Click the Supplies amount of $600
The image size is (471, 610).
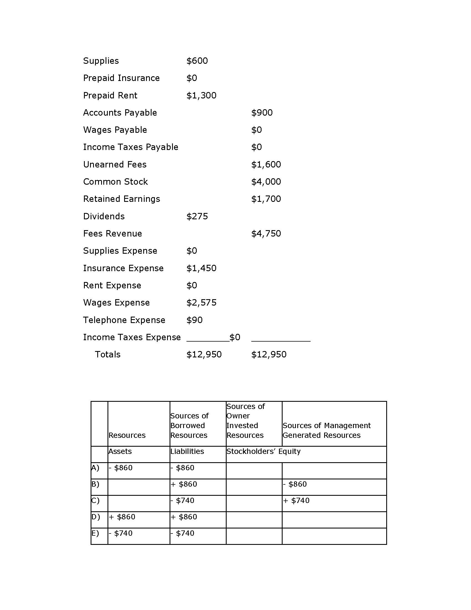(197, 61)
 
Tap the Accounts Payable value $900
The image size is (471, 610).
(262, 113)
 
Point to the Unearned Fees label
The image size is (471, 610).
(115, 164)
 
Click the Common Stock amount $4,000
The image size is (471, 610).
(266, 182)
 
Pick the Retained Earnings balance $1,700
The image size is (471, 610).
(266, 199)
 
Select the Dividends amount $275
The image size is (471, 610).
(197, 217)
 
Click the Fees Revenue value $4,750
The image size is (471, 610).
(266, 234)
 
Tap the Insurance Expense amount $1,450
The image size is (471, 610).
(201, 268)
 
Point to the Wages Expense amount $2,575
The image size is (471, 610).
(201, 303)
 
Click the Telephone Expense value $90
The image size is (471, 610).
(194, 320)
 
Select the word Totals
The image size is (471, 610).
(108, 355)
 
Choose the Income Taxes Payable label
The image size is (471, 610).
(130, 147)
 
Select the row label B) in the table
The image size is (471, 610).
(95, 484)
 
